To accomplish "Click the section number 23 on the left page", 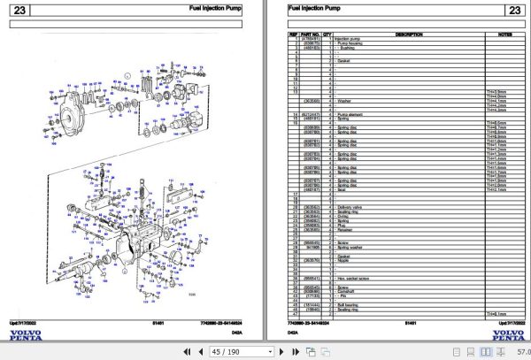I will tap(19, 11).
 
